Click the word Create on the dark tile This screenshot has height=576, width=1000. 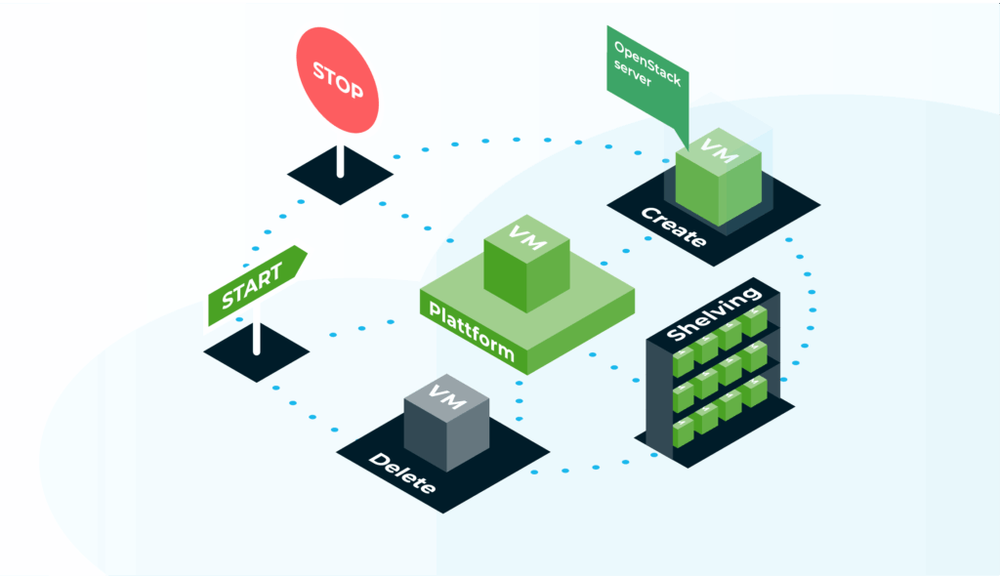(673, 226)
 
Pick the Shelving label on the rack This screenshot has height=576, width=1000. (713, 313)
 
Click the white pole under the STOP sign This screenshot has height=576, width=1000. (340, 160)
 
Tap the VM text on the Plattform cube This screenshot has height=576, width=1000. (523, 237)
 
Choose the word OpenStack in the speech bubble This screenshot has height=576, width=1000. (645, 60)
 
